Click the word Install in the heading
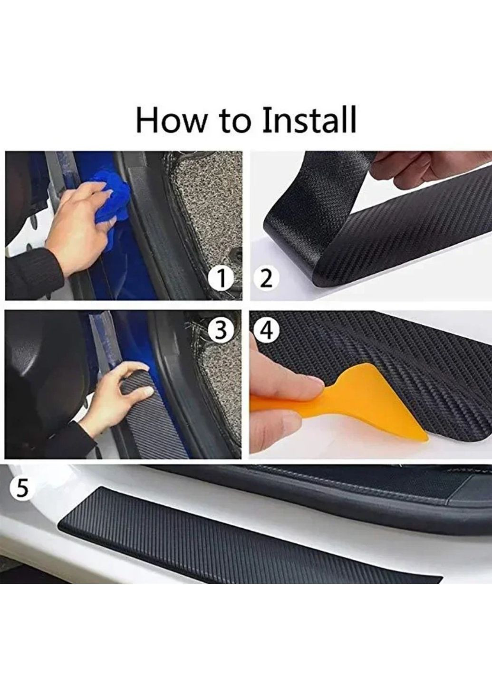(x=309, y=119)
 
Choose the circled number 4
(x=265, y=332)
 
